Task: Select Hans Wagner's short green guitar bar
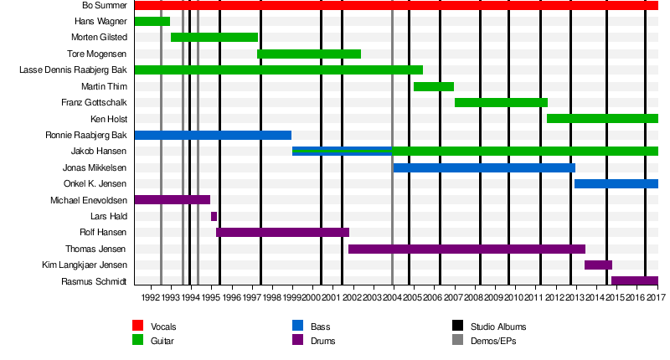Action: point(152,22)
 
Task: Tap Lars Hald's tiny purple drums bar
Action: point(214,216)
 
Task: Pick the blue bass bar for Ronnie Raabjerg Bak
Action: point(213,135)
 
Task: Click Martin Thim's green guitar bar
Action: point(434,86)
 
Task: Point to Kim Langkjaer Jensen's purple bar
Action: point(598,265)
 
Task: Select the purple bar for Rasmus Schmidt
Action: point(635,280)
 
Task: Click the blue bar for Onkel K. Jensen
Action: point(616,183)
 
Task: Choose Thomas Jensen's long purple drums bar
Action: point(466,249)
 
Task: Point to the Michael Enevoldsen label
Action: point(89,200)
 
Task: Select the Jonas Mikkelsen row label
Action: point(95,167)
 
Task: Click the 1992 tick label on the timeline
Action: point(151,297)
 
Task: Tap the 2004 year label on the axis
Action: point(393,297)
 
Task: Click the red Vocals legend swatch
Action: point(138,326)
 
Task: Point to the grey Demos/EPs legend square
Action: point(458,340)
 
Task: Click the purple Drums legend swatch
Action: point(297,340)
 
